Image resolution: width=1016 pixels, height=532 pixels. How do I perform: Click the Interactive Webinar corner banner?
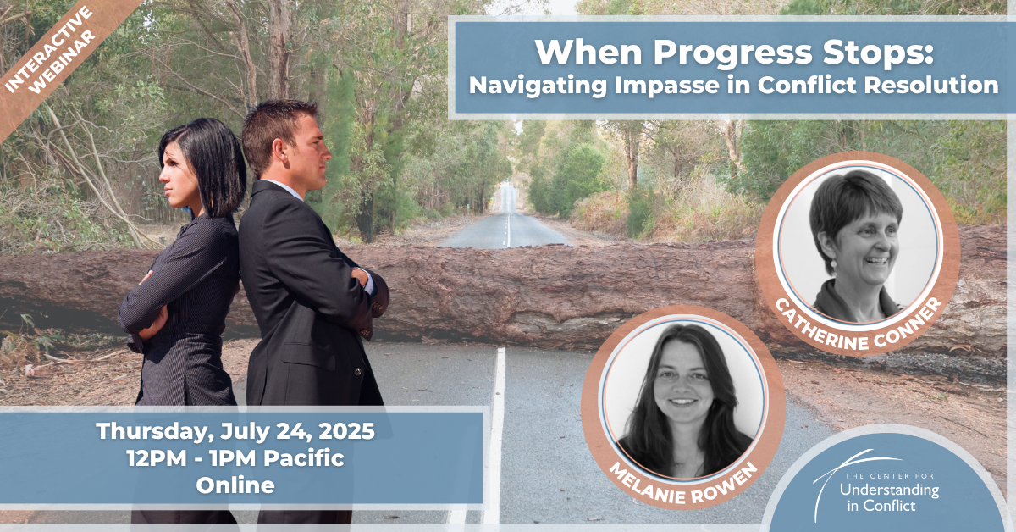50,51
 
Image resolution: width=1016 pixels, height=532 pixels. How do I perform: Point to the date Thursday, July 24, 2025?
235,431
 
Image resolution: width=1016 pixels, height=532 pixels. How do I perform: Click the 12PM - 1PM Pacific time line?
235,458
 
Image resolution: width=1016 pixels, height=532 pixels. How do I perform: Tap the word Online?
235,485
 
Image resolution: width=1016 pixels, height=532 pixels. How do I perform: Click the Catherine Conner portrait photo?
858,244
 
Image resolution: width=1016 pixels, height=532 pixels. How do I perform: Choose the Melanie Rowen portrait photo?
683,398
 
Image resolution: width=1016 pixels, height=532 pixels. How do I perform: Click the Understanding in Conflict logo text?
888,492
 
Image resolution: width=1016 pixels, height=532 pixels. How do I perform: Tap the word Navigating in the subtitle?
538,86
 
